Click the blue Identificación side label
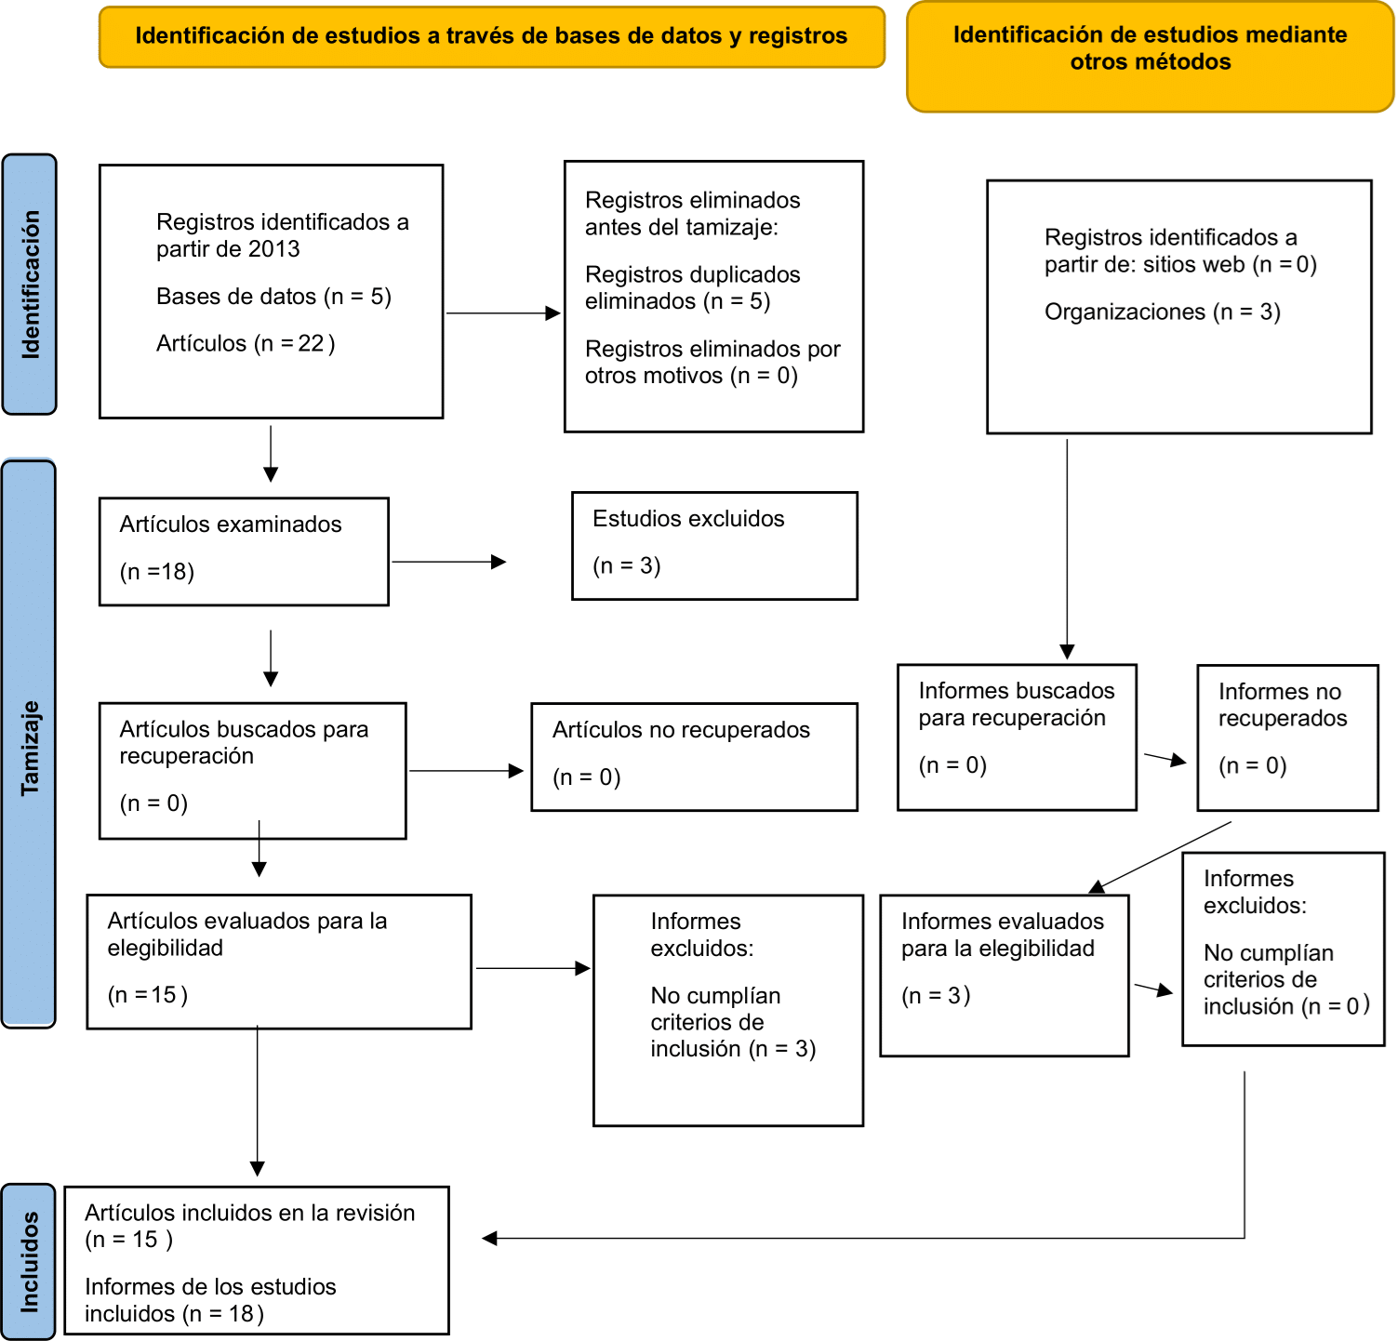point(30,285)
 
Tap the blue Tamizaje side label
point(29,744)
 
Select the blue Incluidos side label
point(29,1261)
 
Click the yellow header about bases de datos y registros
point(492,37)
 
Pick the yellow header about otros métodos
point(1151,57)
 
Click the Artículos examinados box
point(244,551)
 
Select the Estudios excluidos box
point(714,546)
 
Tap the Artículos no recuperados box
point(694,757)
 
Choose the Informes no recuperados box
point(1287,737)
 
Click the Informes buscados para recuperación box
point(1017,737)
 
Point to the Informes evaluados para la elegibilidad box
point(1005,976)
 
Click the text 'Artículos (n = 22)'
point(246,343)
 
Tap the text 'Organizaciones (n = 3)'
point(1163,312)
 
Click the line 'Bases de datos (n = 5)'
point(273,297)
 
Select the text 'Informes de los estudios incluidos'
point(210,1299)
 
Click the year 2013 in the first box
point(273,249)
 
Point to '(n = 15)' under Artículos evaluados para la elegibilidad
point(148,995)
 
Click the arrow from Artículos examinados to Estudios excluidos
point(449,562)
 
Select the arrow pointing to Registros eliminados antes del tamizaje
point(503,313)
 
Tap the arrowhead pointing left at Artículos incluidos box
point(489,1238)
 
